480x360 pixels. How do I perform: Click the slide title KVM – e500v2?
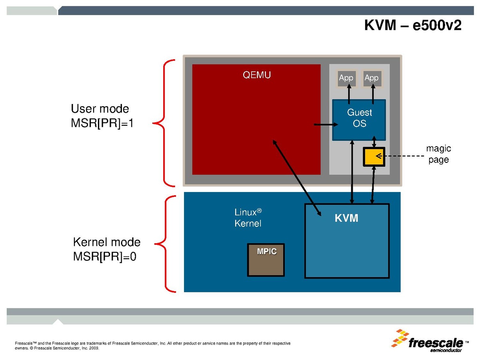point(413,25)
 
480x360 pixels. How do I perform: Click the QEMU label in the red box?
point(256,75)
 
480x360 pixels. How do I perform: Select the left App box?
point(346,78)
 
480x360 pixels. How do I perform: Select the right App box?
point(371,78)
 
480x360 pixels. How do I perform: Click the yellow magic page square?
point(373,156)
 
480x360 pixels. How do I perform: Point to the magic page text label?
point(438,154)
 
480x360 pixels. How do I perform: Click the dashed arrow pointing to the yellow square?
point(402,156)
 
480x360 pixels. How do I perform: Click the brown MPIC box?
point(266,260)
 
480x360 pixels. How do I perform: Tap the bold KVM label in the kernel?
point(346,218)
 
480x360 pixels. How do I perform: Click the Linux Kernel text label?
point(248,218)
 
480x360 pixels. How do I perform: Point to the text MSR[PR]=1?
point(102,123)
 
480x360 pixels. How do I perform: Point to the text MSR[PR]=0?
point(105,257)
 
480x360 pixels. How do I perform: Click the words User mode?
point(100,109)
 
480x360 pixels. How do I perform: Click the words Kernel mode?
point(107,242)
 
